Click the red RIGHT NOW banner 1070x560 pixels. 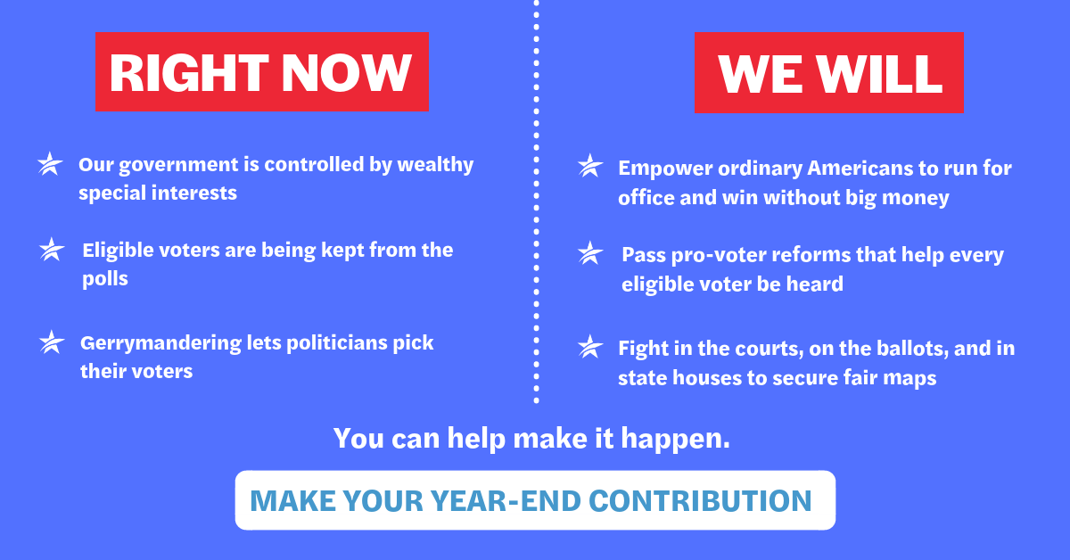pos(262,71)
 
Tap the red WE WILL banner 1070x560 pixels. pos(828,72)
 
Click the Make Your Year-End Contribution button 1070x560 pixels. pos(535,500)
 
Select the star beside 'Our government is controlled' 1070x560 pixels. pos(50,164)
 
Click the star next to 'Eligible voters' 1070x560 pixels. pos(52,250)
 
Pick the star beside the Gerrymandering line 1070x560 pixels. pos(52,342)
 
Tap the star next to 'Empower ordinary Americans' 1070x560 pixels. pos(590,166)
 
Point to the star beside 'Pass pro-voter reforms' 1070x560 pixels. pos(590,253)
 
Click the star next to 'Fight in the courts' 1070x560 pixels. pos(590,347)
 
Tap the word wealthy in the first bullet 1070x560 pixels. pos(435,166)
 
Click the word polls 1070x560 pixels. pos(105,279)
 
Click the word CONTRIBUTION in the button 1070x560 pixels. pos(700,501)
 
